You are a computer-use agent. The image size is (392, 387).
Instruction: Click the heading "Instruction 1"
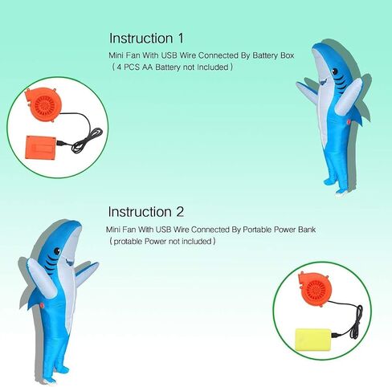[x=146, y=39]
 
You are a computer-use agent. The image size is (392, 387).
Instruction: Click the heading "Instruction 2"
[x=145, y=212]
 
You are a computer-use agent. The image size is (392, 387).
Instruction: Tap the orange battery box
[x=41, y=147]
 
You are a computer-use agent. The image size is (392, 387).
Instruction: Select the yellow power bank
[x=313, y=340]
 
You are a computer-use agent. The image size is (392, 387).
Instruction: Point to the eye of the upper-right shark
[x=335, y=71]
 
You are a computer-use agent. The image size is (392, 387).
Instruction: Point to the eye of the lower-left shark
[x=57, y=251]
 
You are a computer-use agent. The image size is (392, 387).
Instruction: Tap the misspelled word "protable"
[x=128, y=242]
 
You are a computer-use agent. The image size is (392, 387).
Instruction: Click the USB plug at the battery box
[x=61, y=144]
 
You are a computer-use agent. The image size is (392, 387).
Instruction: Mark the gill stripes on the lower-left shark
[x=51, y=263]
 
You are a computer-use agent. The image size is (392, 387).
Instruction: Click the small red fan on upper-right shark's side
[x=349, y=122]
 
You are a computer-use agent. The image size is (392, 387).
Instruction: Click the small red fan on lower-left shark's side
[x=42, y=305]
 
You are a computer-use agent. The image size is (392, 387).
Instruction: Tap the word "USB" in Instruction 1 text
[x=169, y=55]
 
